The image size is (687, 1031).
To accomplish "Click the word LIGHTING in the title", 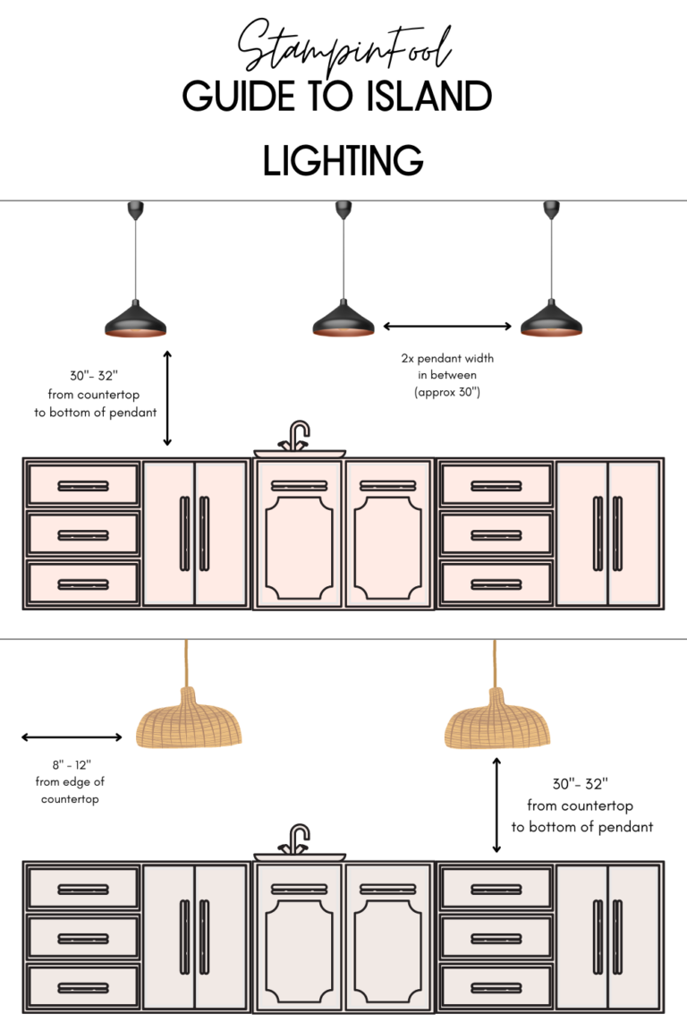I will [343, 161].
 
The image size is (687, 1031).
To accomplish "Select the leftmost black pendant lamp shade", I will [136, 320].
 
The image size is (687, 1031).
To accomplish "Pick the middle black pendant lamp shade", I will [343, 320].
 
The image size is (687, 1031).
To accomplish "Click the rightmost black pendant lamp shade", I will [551, 320].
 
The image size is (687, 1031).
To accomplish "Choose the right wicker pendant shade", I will [497, 720].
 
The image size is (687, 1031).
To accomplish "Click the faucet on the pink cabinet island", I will [299, 437].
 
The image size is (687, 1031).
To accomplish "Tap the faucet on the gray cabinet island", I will [299, 839].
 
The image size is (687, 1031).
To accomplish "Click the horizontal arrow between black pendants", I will [447, 327].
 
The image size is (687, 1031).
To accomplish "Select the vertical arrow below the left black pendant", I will [167, 398].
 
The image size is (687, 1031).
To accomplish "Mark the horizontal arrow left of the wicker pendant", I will [72, 737].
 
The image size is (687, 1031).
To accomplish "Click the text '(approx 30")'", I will [447, 392].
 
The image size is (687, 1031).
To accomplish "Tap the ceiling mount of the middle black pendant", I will [343, 210].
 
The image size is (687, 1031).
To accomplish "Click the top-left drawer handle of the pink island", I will [83, 486].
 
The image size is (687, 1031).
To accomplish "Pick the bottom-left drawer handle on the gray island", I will [83, 986].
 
